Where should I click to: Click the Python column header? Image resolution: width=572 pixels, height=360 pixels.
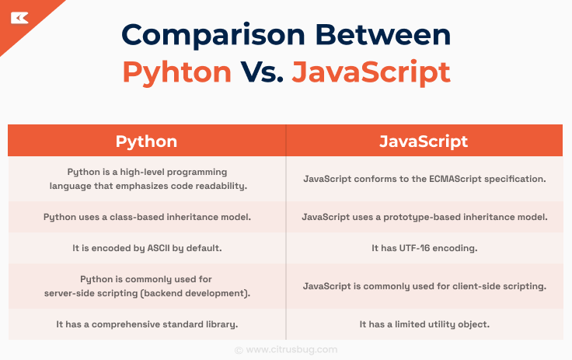[146, 141]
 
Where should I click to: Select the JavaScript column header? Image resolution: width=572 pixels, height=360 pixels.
[424, 141]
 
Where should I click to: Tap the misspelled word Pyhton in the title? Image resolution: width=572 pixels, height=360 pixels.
[177, 72]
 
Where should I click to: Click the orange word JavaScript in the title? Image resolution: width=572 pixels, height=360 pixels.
[371, 72]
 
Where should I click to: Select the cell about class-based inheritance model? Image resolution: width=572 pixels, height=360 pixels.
[147, 217]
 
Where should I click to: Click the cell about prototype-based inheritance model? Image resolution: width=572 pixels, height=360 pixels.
[424, 217]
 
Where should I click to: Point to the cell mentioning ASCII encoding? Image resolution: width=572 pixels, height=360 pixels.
[147, 248]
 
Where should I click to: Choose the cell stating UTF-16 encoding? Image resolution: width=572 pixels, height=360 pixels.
[424, 248]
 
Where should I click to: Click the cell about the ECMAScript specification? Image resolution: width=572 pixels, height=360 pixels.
[424, 179]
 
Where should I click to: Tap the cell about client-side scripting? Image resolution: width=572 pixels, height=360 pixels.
[424, 285]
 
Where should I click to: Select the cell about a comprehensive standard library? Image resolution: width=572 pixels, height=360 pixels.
[147, 323]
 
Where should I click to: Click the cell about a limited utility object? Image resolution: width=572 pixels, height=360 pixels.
[424, 323]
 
